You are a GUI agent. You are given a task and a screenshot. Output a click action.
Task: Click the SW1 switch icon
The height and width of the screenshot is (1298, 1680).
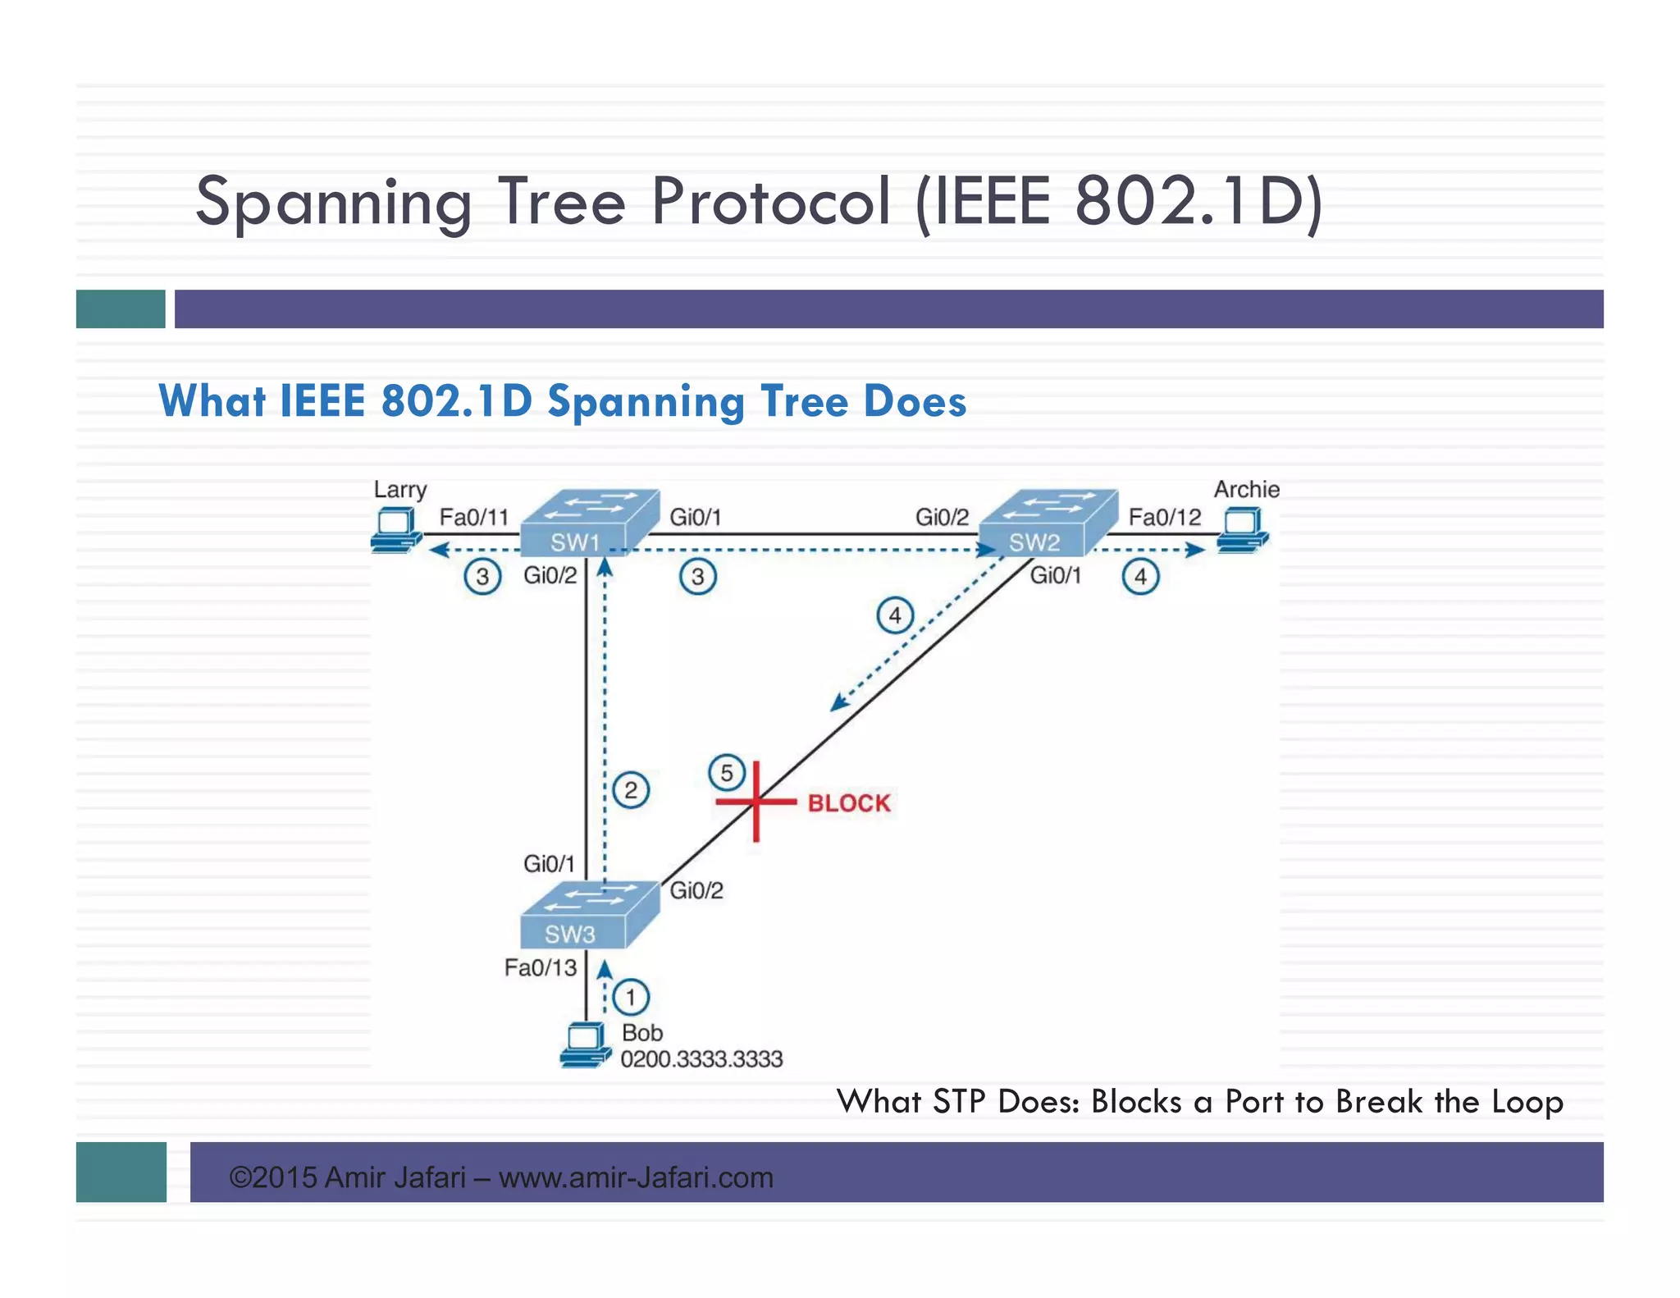589,523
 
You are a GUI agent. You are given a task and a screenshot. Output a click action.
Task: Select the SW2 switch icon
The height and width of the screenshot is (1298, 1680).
1048,523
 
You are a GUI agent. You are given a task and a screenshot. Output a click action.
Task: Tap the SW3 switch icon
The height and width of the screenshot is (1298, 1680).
589,915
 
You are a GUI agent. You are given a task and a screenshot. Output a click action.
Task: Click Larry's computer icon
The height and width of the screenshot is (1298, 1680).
396,530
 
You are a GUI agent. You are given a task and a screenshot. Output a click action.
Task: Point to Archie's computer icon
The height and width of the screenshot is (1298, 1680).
1243,530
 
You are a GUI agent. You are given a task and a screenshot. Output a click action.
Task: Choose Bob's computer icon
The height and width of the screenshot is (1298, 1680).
586,1044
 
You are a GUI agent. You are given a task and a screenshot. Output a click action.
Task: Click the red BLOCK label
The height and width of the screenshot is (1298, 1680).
849,802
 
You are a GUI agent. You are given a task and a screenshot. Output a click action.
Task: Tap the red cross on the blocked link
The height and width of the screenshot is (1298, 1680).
756,801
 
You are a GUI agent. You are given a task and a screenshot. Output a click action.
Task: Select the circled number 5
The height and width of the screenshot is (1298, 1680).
727,773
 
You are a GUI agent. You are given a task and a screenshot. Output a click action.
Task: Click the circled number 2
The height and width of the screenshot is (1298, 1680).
631,791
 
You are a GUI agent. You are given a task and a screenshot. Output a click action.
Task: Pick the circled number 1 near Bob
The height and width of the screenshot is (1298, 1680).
631,998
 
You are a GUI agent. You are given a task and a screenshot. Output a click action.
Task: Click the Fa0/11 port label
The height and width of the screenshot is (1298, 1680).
474,517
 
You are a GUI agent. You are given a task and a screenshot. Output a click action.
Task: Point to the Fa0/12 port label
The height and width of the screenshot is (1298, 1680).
1164,517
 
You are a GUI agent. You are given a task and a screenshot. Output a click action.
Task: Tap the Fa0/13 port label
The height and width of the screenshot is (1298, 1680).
541,968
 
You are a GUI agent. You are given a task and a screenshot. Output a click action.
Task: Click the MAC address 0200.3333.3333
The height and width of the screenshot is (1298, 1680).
701,1059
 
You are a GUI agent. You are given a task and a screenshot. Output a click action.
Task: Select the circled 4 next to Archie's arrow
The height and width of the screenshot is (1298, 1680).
1140,577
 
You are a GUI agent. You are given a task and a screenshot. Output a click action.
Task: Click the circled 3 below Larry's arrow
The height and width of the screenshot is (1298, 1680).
482,577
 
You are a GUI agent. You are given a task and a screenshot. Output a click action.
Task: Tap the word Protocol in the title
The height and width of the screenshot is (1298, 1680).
771,201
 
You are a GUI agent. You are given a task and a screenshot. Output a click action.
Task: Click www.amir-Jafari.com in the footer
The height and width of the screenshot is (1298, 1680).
636,1177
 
